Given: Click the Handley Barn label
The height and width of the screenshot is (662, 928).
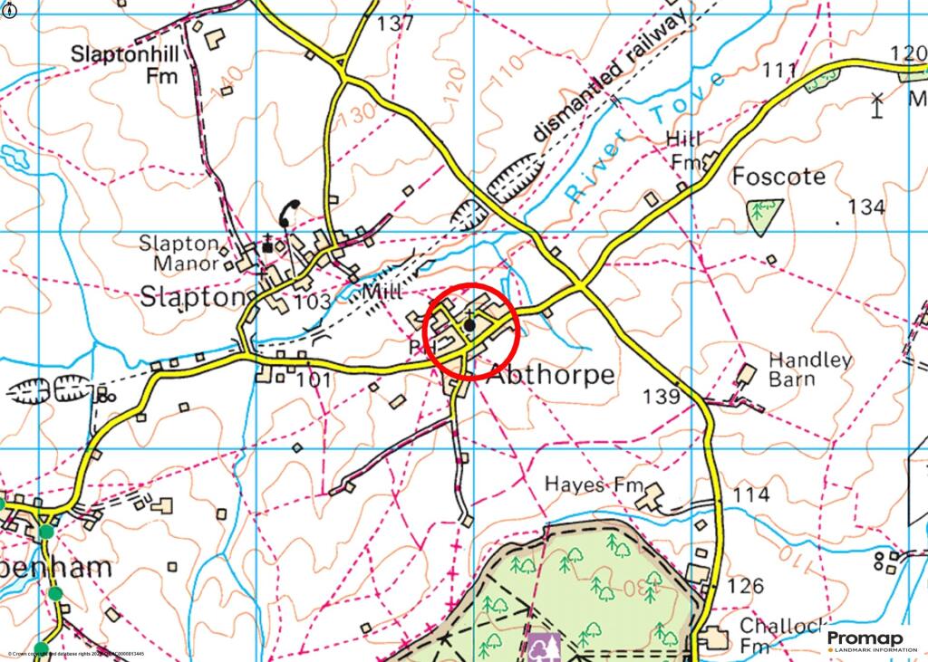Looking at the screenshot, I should pyautogui.click(x=809, y=369).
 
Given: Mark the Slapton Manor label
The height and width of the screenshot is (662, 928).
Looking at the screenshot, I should pyautogui.click(x=179, y=254).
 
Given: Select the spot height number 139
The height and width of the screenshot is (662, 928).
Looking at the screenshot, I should pyautogui.click(x=661, y=396).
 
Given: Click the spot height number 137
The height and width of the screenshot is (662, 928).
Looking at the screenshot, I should pyautogui.click(x=395, y=24).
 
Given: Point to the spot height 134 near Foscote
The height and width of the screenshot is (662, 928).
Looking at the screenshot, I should pyautogui.click(x=865, y=207).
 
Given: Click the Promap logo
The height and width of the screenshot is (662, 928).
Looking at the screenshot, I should pyautogui.click(x=865, y=642).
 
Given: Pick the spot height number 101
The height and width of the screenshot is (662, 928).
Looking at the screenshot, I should pyautogui.click(x=314, y=379).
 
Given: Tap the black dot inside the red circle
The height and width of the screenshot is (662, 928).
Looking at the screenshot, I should pyautogui.click(x=469, y=323).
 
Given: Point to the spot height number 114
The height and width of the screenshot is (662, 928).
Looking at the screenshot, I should pyautogui.click(x=751, y=495).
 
